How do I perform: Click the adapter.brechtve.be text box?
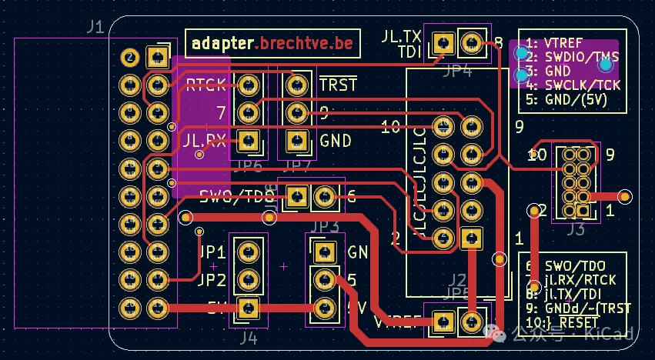(x=272, y=43)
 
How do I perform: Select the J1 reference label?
(x=95, y=28)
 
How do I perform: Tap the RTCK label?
(x=206, y=85)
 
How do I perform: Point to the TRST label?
(x=338, y=85)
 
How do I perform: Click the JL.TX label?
(x=401, y=36)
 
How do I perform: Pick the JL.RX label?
(x=205, y=141)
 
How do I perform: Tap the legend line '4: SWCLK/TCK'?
(x=573, y=85)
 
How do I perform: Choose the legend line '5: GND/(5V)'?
(x=567, y=98)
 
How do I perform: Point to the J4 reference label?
(x=248, y=337)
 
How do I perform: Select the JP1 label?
(x=212, y=252)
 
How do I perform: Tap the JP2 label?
(x=212, y=280)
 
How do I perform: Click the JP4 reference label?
(x=457, y=72)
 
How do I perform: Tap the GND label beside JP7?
(x=336, y=141)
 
